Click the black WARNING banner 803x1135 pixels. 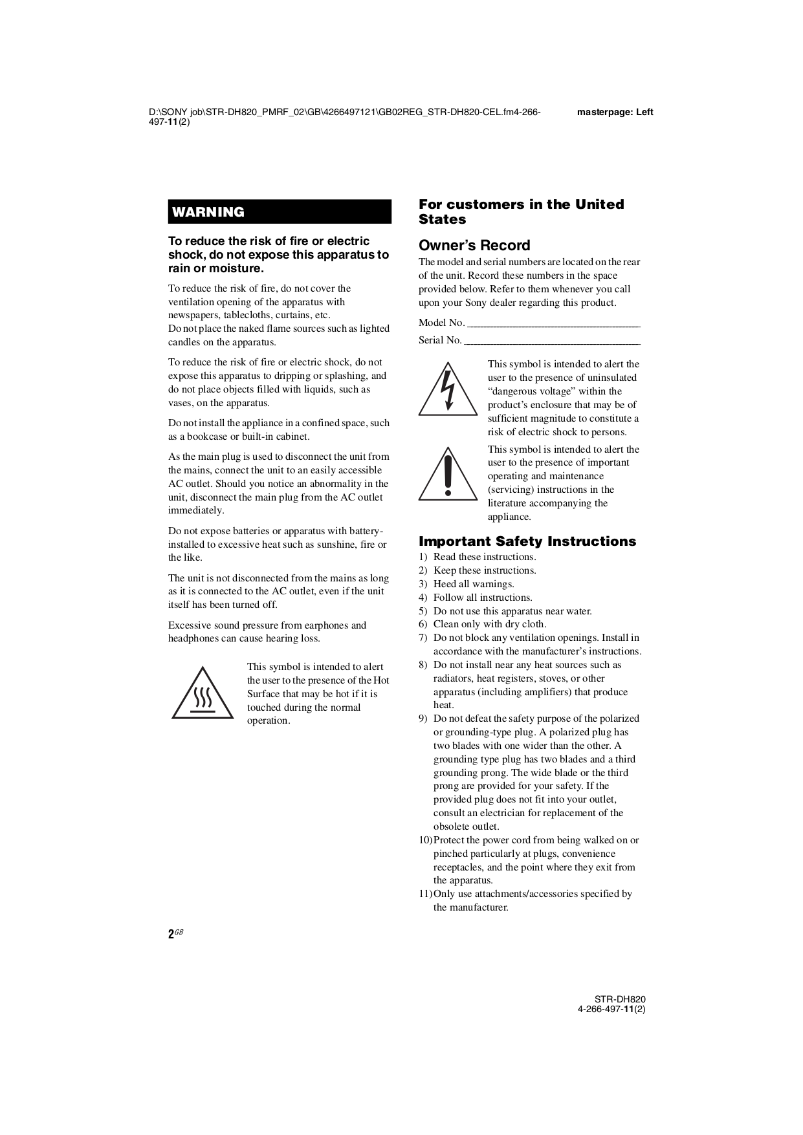pyautogui.click(x=280, y=212)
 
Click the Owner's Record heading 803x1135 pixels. pyautogui.click(x=474, y=246)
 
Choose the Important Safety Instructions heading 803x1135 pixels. pyautogui.click(x=527, y=541)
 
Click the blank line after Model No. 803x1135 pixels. pyautogui.click(x=553, y=323)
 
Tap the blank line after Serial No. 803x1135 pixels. pyautogui.click(x=552, y=341)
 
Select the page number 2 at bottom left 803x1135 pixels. pyautogui.click(x=171, y=934)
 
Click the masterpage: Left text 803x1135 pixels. pyautogui.click(x=615, y=113)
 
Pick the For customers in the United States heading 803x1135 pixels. pyautogui.click(x=521, y=211)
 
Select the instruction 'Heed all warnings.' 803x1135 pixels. pyautogui.click(x=474, y=584)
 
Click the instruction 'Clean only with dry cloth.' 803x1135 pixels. pyautogui.click(x=490, y=624)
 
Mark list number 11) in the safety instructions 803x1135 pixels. pyautogui.click(x=424, y=894)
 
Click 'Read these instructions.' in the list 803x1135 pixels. pyautogui.click(x=485, y=557)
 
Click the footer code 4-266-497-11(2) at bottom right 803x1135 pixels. pyautogui.click(x=611, y=1010)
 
